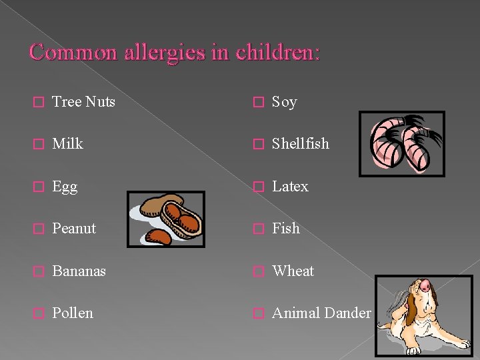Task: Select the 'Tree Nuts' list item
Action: (83, 102)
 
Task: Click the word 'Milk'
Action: (67, 144)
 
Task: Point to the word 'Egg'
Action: (65, 187)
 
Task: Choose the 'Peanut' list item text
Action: (74, 229)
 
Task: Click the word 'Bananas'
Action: (79, 271)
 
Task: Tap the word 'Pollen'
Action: (73, 313)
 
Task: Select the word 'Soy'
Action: (285, 102)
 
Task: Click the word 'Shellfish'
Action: (301, 144)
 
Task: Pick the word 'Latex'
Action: (290, 187)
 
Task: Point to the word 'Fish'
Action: (286, 229)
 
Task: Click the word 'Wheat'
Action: (293, 271)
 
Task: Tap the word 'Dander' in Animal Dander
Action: (347, 313)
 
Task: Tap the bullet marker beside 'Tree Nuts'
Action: (39, 103)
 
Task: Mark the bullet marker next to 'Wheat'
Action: (259, 272)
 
